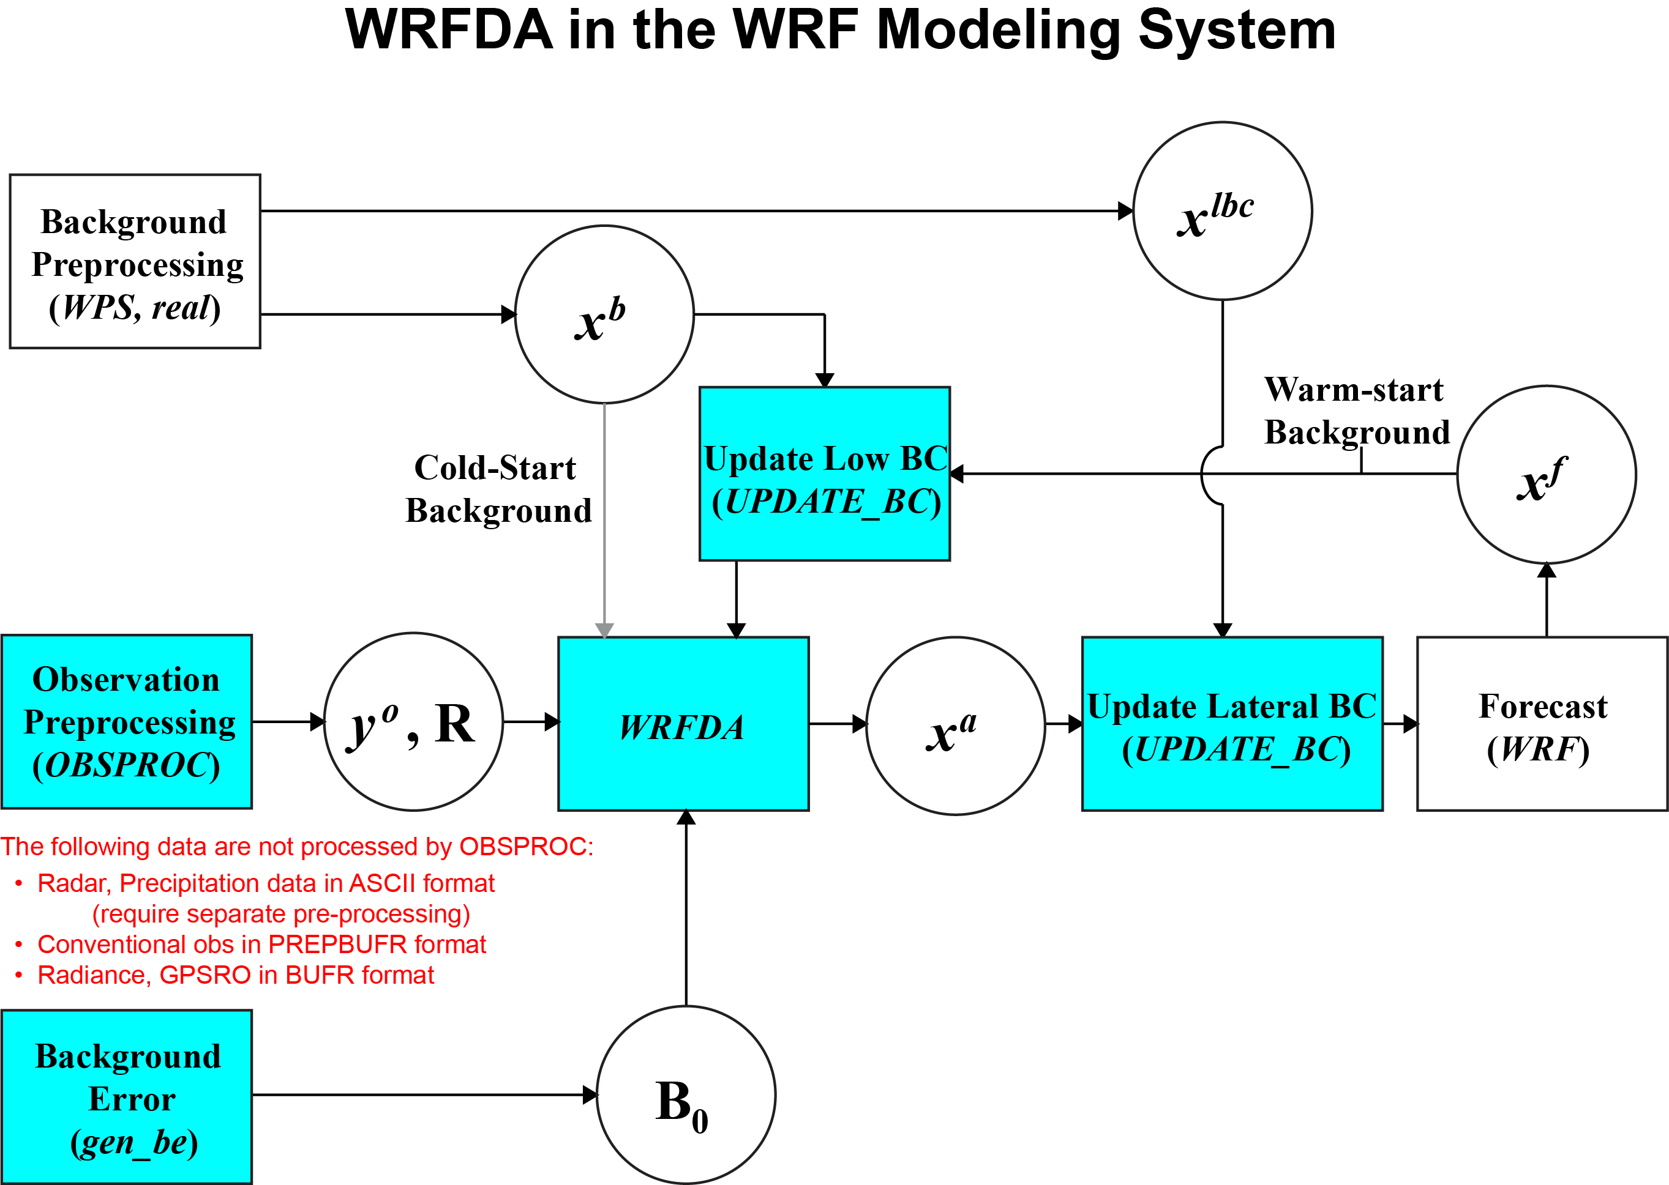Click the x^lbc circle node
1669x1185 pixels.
pos(1222,211)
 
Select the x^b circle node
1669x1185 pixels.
pos(604,314)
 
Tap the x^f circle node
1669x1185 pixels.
pos(1547,475)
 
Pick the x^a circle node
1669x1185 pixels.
pos(956,726)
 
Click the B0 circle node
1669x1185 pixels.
pos(686,1095)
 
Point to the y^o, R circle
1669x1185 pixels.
pos(413,722)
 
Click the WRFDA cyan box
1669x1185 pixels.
pos(683,724)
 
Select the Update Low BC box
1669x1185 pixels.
pos(825,474)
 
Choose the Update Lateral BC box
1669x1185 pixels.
pos(1232,724)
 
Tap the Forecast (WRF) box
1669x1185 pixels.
pos(1543,724)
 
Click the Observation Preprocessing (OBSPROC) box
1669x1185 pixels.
pos(127,722)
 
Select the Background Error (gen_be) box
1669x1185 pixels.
pos(127,1097)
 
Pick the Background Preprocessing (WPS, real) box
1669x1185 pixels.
pos(135,261)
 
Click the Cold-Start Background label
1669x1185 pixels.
pos(498,489)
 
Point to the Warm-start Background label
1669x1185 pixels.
pos(1357,411)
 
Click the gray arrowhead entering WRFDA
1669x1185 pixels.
pos(604,631)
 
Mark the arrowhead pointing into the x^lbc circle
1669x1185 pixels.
pos(1126,212)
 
